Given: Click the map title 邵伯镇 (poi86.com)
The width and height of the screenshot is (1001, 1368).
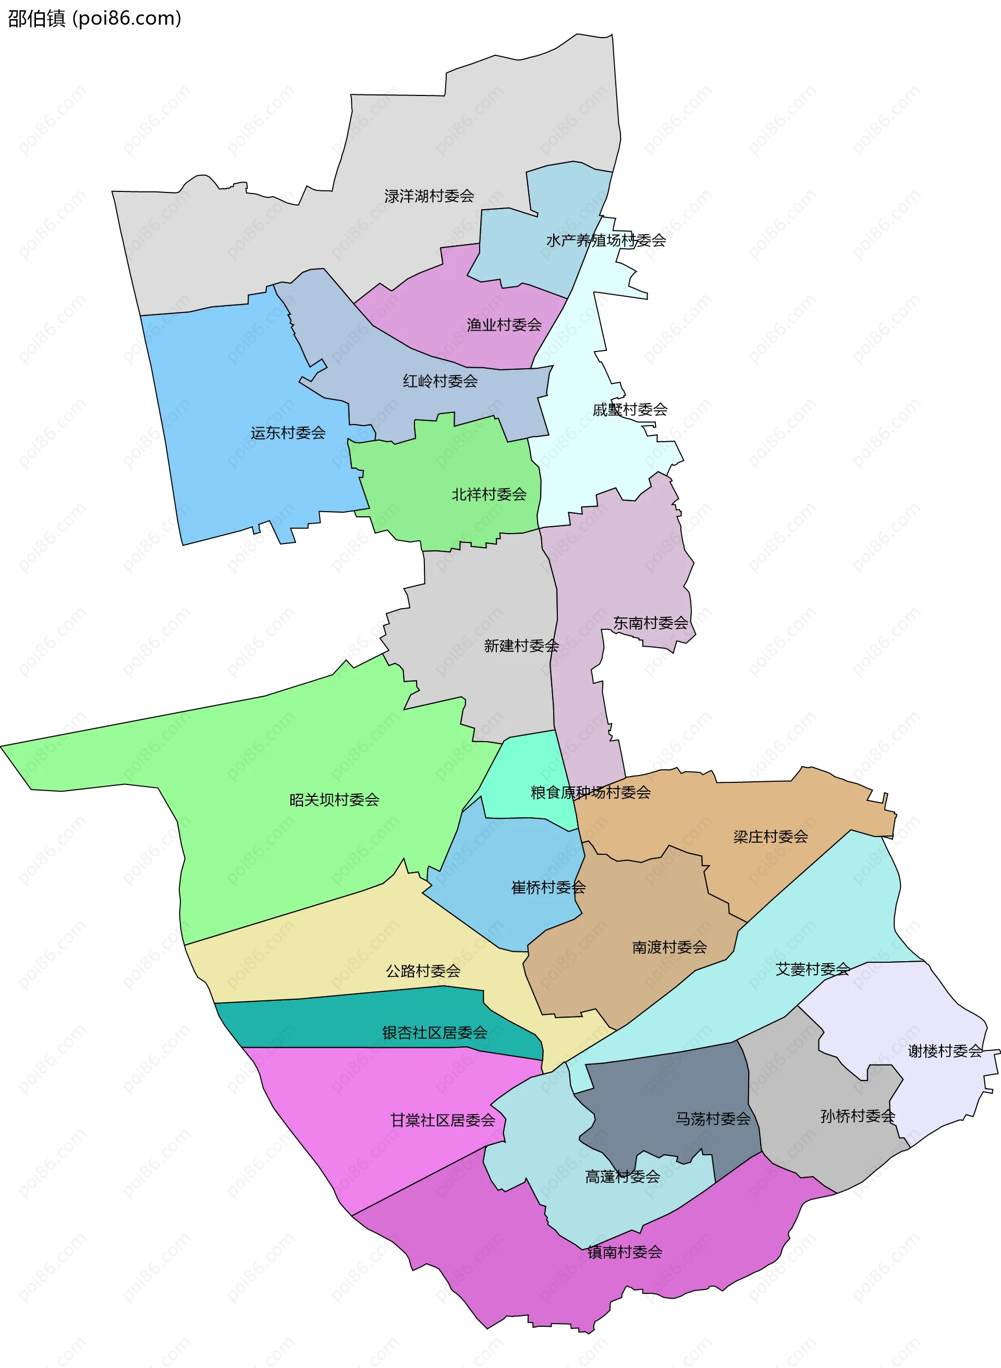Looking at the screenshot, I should [x=94, y=19].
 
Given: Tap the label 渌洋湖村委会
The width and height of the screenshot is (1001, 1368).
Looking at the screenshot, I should [x=429, y=196].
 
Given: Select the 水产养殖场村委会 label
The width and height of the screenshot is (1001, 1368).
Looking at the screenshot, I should [x=606, y=240].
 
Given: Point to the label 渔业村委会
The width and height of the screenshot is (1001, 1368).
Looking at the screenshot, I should [x=504, y=325].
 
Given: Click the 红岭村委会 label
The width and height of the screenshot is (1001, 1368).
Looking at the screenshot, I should [x=441, y=381].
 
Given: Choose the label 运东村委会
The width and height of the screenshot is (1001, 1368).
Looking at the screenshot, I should [x=288, y=433].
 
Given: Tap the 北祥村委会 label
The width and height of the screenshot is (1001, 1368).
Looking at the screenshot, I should [x=489, y=494].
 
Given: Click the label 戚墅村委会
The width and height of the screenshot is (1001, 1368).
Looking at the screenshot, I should [x=630, y=410].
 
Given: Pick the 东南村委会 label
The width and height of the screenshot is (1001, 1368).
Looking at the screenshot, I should [x=651, y=623].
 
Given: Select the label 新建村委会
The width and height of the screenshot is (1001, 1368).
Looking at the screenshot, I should [x=521, y=646].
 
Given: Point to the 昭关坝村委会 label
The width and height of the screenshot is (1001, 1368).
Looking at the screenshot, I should [x=335, y=800].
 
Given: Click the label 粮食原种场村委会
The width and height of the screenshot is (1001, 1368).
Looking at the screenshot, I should [x=591, y=792].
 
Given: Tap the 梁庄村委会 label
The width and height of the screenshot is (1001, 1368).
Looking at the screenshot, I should [x=771, y=837].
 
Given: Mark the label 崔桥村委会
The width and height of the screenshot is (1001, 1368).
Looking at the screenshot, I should [x=548, y=888].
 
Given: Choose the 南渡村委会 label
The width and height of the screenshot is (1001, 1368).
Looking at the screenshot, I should [x=669, y=947].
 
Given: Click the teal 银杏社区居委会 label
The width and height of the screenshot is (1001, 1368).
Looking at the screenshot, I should [x=435, y=1033].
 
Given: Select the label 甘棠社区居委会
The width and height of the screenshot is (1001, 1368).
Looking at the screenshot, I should [x=443, y=1120].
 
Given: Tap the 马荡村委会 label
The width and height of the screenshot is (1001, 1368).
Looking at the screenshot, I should [x=713, y=1119].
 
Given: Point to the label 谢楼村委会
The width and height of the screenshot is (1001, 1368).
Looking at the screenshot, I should [x=945, y=1051].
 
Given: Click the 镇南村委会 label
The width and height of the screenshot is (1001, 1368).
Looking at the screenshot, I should [x=625, y=1252].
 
